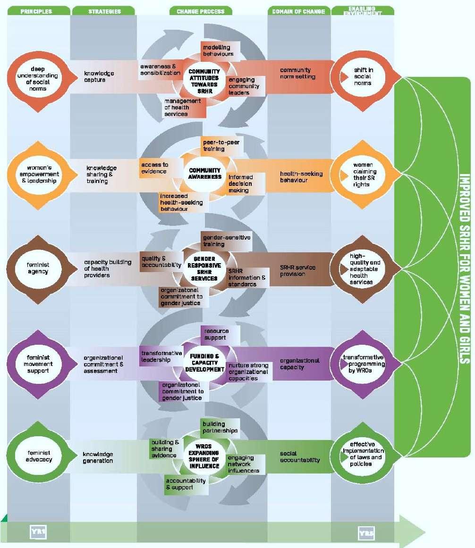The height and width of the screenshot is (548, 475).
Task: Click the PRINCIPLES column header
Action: click(x=36, y=11)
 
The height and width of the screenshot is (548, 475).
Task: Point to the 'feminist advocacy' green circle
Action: click(x=38, y=456)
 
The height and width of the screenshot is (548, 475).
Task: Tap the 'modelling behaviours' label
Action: click(x=218, y=50)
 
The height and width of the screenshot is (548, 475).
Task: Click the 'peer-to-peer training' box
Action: click(x=220, y=145)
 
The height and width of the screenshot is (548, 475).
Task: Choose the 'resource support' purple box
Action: click(x=215, y=334)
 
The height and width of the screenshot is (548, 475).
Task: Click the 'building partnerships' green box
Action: click(x=220, y=427)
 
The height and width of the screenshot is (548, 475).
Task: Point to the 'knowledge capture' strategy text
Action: click(x=99, y=76)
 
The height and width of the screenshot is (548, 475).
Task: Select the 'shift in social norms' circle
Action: click(x=362, y=77)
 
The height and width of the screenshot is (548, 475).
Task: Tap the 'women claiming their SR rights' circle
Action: click(x=362, y=174)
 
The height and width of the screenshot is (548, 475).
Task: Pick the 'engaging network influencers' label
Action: click(x=243, y=464)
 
